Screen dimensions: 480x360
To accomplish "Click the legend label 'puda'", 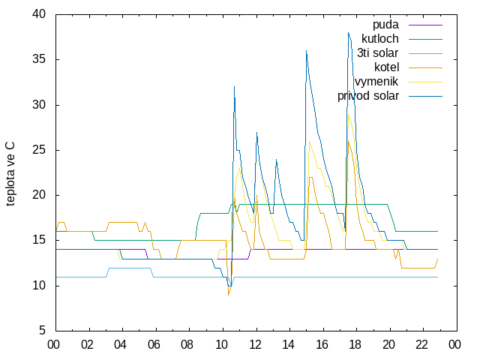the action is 385,25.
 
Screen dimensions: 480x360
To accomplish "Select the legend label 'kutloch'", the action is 380,39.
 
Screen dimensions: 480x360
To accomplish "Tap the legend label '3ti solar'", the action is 377,53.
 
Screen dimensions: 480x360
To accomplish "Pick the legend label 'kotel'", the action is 386,67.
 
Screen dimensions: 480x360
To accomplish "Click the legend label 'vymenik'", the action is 376,82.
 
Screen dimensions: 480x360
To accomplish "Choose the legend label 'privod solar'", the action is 368,96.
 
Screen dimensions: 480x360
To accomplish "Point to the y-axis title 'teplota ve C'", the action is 10,174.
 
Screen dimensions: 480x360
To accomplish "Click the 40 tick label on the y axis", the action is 38,14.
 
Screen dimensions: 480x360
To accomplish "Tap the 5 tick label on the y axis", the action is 42,331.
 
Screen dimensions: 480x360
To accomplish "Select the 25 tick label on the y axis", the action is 38,150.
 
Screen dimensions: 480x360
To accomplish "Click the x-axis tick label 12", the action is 255,345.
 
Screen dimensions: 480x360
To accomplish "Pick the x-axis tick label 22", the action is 421,345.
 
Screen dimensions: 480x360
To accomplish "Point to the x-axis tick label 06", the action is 154,345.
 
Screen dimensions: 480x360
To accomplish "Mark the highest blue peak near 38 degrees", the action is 348,32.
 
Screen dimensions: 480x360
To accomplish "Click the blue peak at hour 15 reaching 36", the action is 306,50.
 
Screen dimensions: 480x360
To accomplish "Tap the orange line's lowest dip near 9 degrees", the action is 228,295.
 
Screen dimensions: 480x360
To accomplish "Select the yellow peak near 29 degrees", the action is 348,114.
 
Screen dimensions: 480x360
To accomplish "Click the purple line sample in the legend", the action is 425,25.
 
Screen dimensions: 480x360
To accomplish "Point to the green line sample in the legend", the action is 425,39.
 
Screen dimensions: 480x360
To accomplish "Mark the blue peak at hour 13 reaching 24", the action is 276,159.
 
